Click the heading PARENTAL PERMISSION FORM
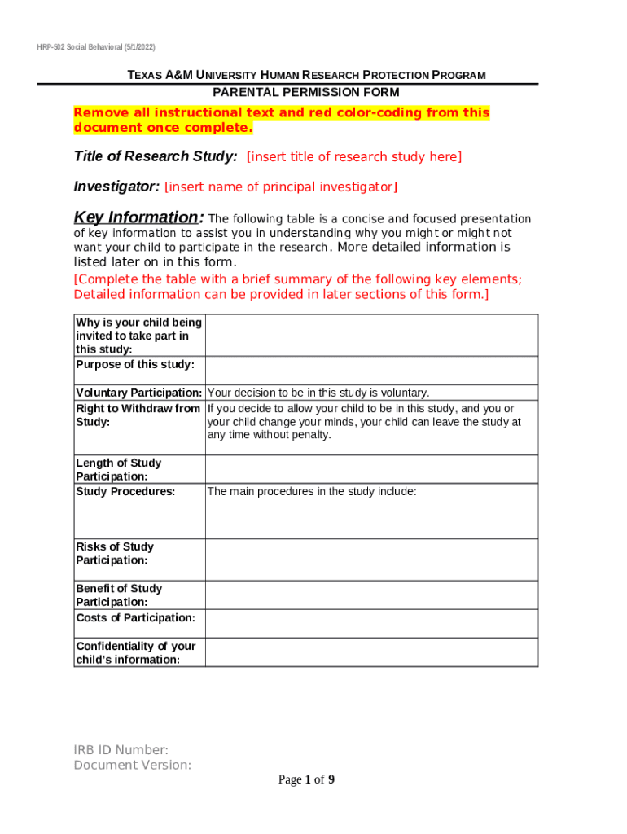point(306,92)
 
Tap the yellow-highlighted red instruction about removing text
point(282,121)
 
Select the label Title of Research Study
point(156,156)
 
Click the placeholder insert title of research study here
point(354,156)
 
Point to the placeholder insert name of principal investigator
point(281,187)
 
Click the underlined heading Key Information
point(136,217)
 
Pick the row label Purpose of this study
point(135,364)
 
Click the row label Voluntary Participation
point(139,393)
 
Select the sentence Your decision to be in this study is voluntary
point(318,393)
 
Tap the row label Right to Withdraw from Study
point(138,415)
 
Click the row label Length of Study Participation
point(118,470)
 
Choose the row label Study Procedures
point(125,491)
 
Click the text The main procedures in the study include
point(312,491)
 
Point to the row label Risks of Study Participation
point(114,554)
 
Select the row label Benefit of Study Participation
point(118,595)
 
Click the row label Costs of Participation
point(135,617)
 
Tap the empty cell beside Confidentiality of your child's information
point(371,652)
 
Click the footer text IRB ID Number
point(121,750)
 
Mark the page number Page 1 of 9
point(306,780)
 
